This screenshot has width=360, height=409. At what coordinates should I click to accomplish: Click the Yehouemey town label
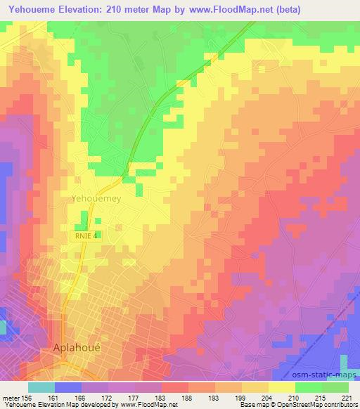point(96,199)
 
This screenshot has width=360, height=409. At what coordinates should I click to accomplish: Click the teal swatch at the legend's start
point(41,387)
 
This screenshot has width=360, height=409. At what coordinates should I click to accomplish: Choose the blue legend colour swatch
point(68,387)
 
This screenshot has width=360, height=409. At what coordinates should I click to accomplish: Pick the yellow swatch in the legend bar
point(281,387)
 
